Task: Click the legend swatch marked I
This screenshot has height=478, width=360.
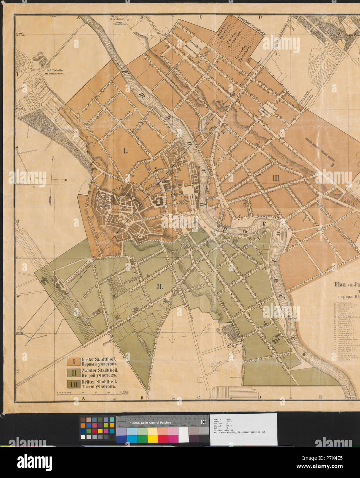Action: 73,361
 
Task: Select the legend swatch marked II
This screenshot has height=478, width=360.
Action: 73,372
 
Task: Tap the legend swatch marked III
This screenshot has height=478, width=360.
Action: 73,384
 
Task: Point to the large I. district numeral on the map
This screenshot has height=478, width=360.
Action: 125,151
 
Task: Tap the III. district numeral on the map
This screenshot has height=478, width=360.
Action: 276,178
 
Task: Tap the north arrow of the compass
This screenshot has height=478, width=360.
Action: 53,159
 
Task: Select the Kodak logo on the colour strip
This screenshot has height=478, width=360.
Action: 204,423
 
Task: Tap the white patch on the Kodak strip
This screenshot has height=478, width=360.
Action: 183,439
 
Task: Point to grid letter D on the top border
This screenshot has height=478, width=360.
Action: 260,17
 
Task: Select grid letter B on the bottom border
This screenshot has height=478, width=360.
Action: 142,398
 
